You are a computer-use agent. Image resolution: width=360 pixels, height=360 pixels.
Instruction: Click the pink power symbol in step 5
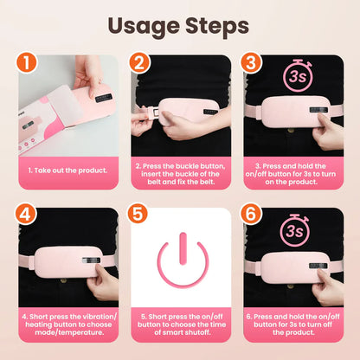click(x=181, y=265)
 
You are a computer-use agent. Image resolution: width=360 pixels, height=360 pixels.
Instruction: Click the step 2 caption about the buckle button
click(x=181, y=172)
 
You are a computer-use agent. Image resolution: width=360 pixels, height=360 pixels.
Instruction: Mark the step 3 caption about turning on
click(x=293, y=172)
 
